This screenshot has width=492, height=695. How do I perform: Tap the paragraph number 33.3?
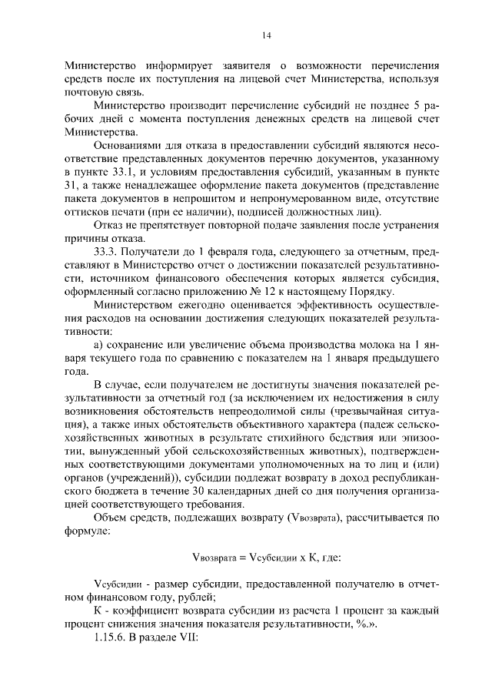(107, 252)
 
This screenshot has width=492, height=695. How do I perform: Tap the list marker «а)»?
(99, 346)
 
